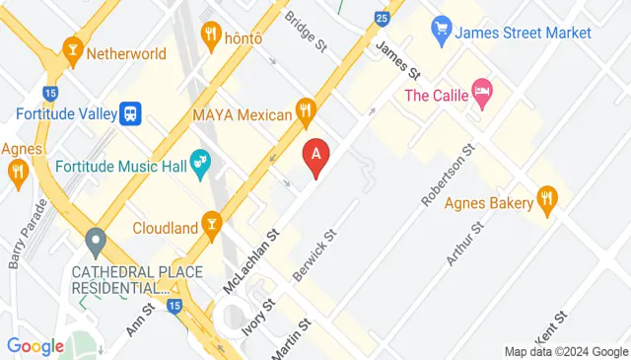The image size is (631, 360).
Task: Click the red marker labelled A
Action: tap(315, 156)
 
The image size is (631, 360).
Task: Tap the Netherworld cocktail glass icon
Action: tap(72, 47)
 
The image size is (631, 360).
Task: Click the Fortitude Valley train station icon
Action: tap(129, 113)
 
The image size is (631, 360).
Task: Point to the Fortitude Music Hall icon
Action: tap(199, 161)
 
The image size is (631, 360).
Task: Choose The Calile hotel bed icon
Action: tap(482, 95)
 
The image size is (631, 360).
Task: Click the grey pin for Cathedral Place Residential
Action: tap(96, 240)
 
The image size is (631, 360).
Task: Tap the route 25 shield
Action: tap(382, 17)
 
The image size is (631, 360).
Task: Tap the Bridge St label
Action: tap(305, 32)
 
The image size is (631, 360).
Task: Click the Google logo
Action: tap(35, 346)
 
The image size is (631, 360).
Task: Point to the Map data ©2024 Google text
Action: tap(566, 351)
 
